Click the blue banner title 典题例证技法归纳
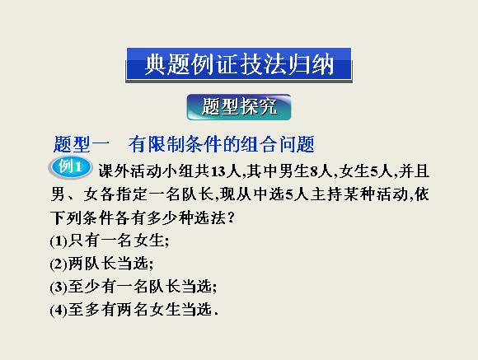tap(239, 64)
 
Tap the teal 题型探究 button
tap(239, 107)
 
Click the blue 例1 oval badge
tap(70, 166)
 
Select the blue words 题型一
tap(81, 144)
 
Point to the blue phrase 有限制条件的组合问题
tap(222, 144)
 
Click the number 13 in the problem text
tap(217, 171)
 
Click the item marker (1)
tap(59, 241)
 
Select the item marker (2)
tap(59, 264)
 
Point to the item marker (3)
tap(59, 288)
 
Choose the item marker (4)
tap(59, 310)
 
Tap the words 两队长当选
tap(109, 264)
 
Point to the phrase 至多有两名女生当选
tap(139, 310)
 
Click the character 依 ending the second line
tap(421, 194)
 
